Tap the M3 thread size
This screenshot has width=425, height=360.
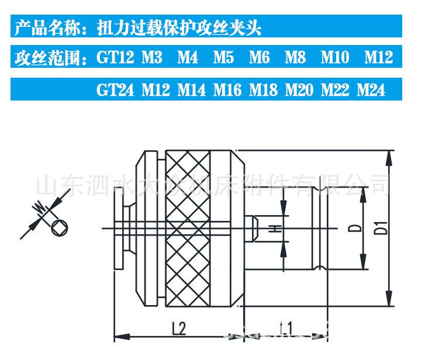pos(152,57)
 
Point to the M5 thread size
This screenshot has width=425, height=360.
pos(223,57)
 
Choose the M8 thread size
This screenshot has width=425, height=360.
pos(295,57)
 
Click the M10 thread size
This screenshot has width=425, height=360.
pos(335,57)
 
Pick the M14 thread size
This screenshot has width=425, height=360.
pos(191,90)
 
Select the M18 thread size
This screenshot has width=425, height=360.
pos(263,90)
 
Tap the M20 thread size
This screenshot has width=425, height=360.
pos(299,90)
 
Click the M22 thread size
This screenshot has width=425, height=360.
pos(335,90)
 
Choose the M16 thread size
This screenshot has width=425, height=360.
pos(227,90)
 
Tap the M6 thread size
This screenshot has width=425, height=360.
pos(259,57)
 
